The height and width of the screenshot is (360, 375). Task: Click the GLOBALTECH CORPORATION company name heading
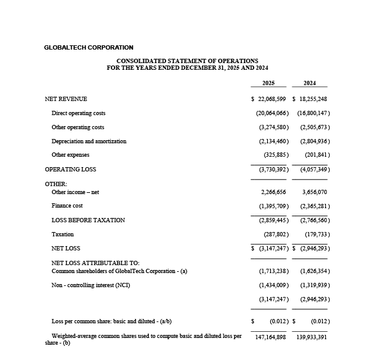[88, 47]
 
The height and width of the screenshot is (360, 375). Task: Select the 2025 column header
[268, 83]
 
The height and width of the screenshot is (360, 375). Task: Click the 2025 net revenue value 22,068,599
[271, 99]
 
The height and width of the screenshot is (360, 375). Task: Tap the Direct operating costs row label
[78, 113]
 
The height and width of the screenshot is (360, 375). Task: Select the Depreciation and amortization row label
[89, 141]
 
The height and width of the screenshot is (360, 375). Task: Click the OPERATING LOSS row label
[70, 170]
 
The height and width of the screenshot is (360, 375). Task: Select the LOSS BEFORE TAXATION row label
[88, 220]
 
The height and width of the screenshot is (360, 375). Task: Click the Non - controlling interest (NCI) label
[91, 285]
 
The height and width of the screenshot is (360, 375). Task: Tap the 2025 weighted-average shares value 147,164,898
[270, 337]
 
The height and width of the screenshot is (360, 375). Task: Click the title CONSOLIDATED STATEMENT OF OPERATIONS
[187, 61]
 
